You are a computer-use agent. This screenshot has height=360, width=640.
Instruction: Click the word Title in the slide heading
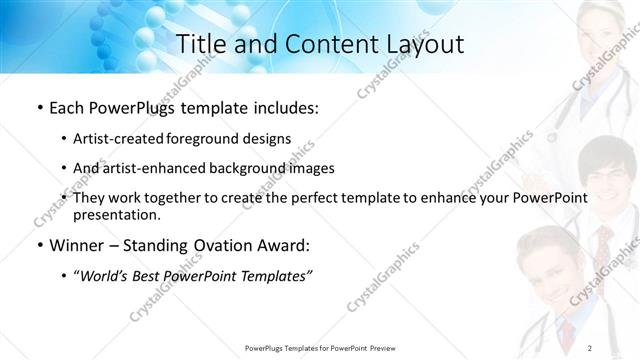[x=200, y=44]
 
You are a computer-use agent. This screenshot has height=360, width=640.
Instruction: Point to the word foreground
[x=203, y=138]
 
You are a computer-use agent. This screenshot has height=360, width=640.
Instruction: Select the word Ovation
[x=216, y=246]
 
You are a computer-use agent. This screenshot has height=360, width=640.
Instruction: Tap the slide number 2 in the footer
[x=590, y=347]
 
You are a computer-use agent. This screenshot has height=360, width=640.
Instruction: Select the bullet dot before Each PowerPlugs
[x=38, y=105]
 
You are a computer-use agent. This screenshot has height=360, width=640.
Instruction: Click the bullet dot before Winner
[x=38, y=246]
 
